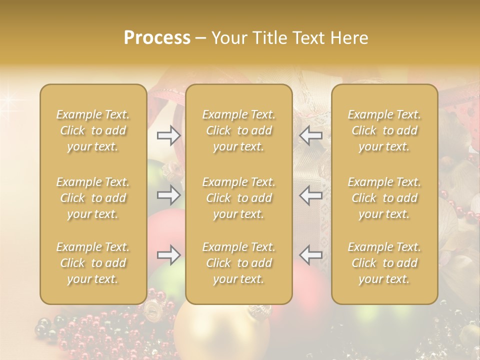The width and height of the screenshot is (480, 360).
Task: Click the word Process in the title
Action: pos(157,38)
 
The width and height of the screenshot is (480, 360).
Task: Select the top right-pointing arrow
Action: pos(168,135)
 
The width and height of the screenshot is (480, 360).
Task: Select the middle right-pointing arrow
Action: pos(168,195)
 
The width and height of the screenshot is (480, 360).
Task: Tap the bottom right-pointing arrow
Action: pos(168,255)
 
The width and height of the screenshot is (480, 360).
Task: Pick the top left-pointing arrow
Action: pos(311,135)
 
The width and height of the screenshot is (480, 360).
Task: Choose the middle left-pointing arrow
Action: pos(311,195)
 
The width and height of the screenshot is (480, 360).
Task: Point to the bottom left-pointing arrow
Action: pos(311,255)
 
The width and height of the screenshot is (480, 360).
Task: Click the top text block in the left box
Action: pos(93,130)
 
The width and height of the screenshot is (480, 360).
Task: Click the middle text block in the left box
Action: pos(93,198)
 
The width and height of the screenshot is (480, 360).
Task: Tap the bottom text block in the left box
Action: pos(93,263)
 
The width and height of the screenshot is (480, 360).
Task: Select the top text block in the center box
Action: pos(239,130)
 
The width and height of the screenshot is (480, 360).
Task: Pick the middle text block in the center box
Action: pos(239,198)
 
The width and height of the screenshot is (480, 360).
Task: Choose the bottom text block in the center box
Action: pos(239,263)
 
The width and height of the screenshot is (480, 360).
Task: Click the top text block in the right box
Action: pos(384,130)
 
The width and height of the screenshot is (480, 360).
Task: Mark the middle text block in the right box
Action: pos(384,198)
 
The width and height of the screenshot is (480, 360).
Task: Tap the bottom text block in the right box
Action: pos(384,263)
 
